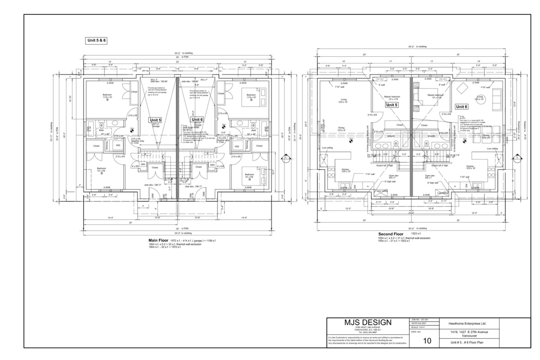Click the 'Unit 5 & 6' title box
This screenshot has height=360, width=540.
(96, 40)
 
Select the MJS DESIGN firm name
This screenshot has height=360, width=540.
(368, 323)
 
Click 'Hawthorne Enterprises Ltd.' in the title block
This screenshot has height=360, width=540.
(468, 323)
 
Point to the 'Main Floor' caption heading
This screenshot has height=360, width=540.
(158, 240)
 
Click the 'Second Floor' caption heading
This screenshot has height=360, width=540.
(390, 234)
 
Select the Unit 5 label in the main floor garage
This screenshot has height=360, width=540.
(156, 120)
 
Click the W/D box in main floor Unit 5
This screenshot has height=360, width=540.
(118, 145)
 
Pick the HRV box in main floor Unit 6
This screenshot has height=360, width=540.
(212, 165)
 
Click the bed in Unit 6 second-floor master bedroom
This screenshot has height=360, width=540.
(423, 96)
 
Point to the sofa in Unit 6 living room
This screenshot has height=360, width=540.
(498, 96)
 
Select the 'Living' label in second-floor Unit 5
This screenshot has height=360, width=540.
(343, 100)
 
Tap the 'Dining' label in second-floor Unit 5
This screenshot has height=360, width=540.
(342, 128)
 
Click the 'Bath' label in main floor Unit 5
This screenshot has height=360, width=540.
(101, 130)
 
